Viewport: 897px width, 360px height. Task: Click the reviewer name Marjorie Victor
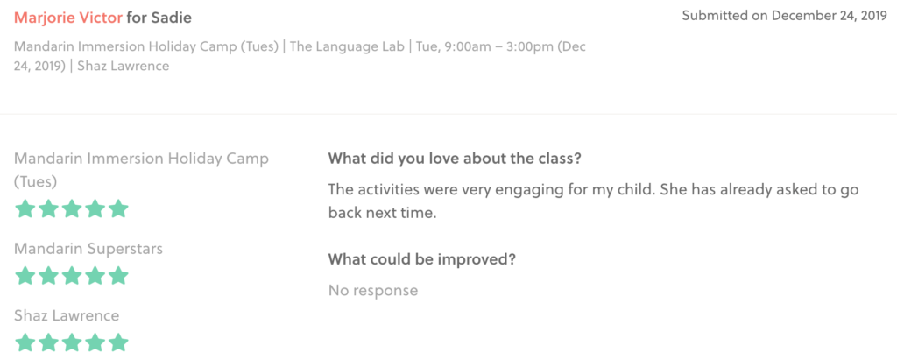(x=68, y=18)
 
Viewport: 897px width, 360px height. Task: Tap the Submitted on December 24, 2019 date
(x=784, y=16)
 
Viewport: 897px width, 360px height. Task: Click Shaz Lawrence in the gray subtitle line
(x=124, y=66)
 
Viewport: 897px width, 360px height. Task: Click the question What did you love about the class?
(x=455, y=159)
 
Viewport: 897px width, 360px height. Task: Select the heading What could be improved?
(x=422, y=259)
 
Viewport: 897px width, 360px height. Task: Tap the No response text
(x=373, y=291)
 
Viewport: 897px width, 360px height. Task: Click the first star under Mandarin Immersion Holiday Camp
(x=25, y=208)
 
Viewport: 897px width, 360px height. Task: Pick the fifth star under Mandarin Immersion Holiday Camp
(x=118, y=208)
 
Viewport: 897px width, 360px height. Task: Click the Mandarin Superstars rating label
(x=88, y=249)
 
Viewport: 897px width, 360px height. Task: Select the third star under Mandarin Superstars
(x=72, y=276)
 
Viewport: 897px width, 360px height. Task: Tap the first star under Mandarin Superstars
(x=25, y=276)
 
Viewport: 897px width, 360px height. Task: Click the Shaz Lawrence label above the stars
(x=67, y=316)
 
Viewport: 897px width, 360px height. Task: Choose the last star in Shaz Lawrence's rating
(x=118, y=342)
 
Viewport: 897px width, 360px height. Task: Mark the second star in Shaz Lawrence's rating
(x=48, y=342)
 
